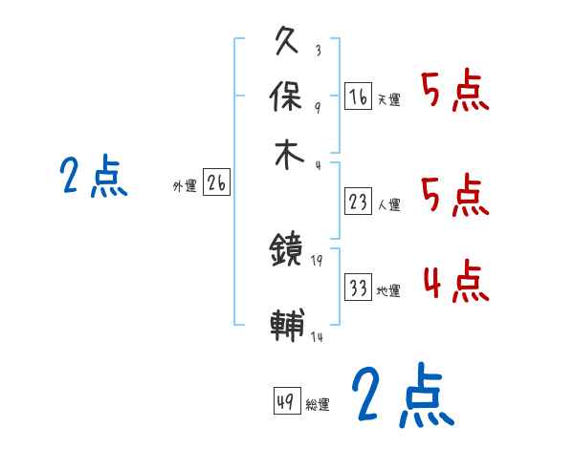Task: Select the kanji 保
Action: click(x=288, y=97)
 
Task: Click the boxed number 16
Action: click(x=358, y=96)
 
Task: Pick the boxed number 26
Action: click(x=216, y=184)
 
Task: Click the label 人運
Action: click(x=388, y=204)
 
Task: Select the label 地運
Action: click(x=388, y=290)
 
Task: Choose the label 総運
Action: click(x=318, y=405)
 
